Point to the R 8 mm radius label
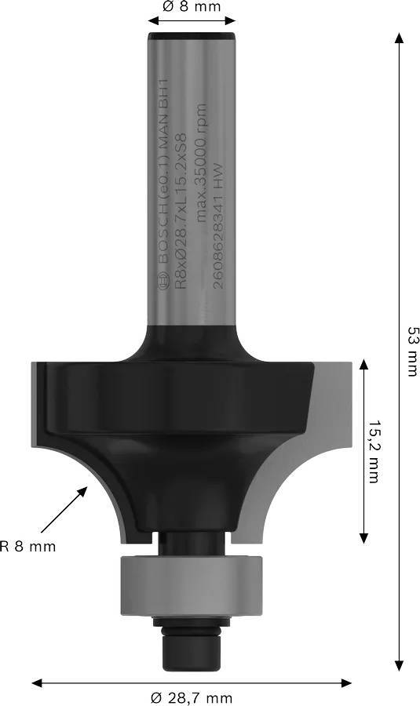(28, 546)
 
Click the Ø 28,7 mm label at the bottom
(192, 697)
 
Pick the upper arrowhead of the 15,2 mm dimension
(363, 366)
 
